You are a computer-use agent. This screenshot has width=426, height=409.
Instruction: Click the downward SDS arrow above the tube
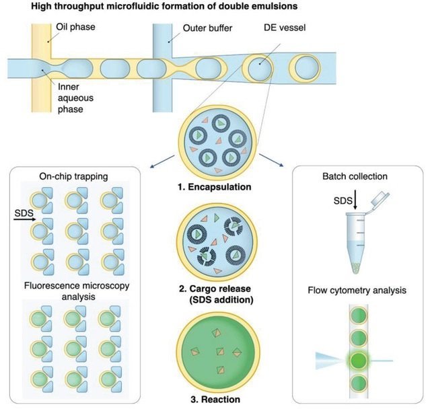338,208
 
